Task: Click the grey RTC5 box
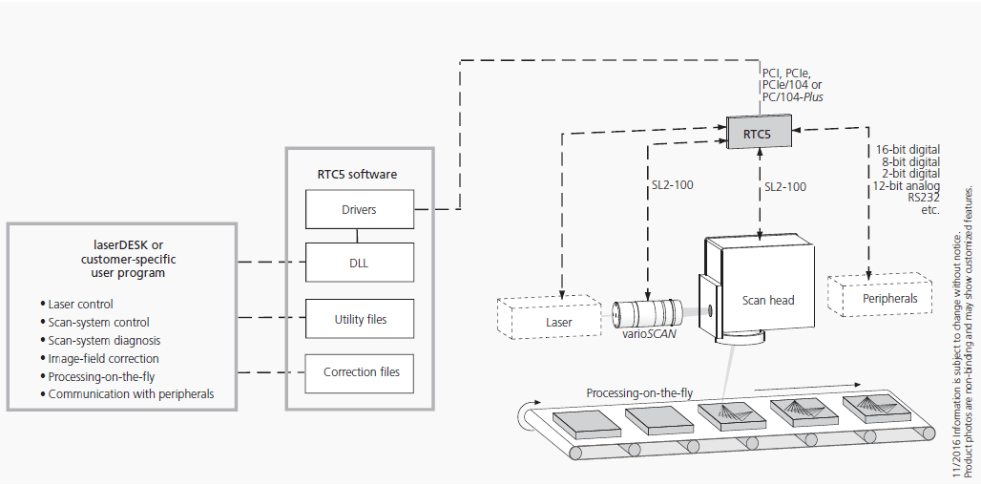click(759, 134)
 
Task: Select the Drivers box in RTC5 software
click(359, 209)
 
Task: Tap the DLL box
click(359, 262)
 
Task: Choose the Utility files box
click(359, 319)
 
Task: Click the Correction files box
click(359, 372)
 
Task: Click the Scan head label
click(768, 300)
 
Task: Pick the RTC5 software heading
click(359, 175)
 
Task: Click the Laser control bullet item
click(81, 305)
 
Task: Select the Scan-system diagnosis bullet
click(104, 340)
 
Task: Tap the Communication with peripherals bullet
click(131, 393)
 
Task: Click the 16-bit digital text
click(908, 150)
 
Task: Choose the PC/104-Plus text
click(792, 96)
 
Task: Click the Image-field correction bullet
click(103, 358)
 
